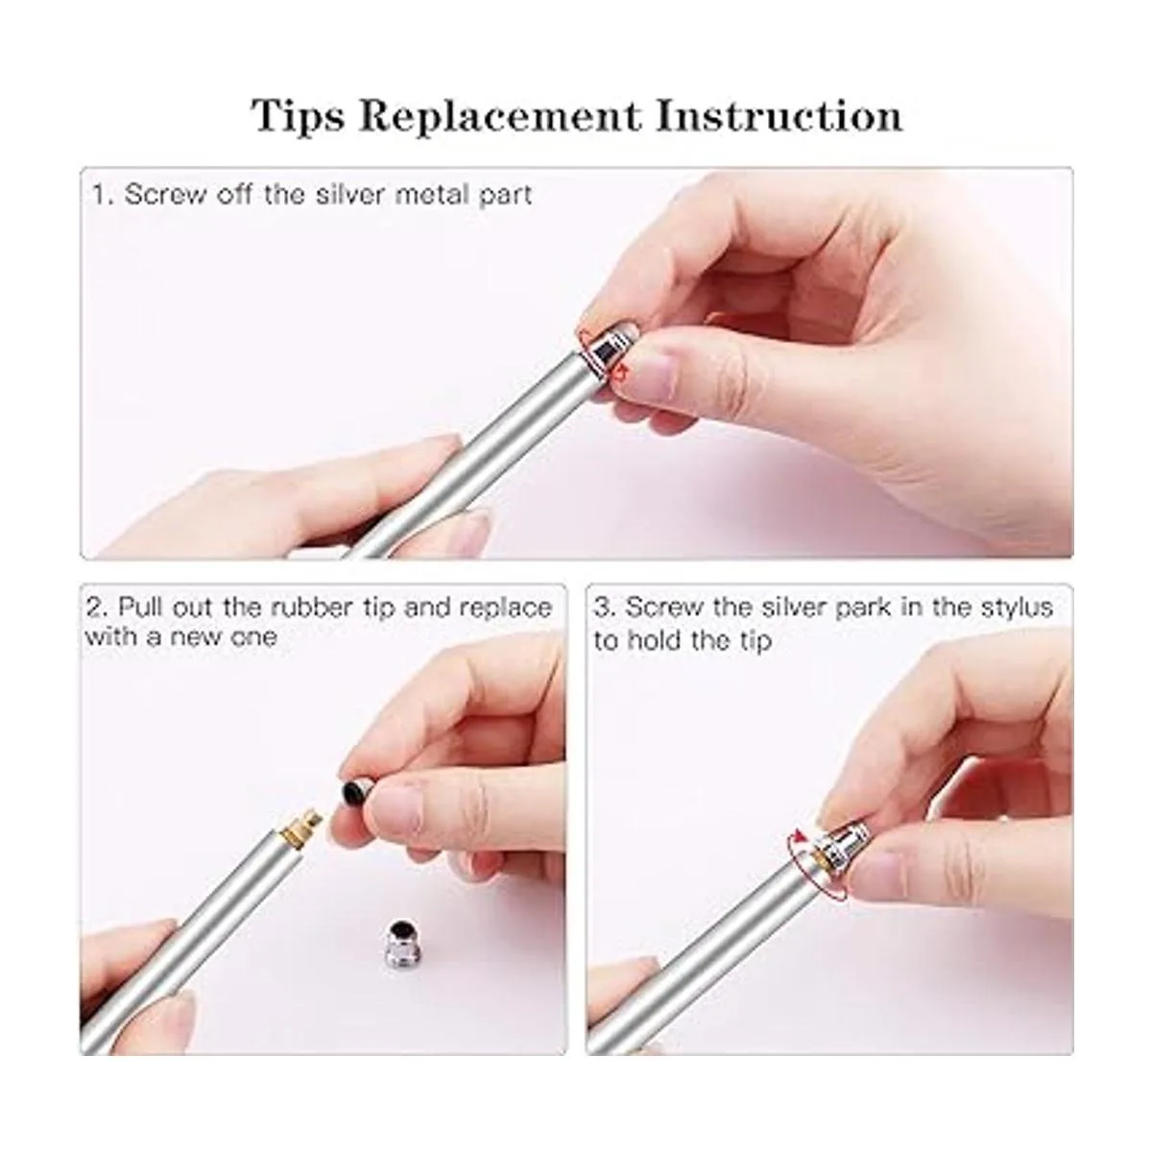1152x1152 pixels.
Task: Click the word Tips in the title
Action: [298, 115]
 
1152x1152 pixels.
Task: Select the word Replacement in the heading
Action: [499, 115]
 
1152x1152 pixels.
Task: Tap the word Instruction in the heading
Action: [779, 115]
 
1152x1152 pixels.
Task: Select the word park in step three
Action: [863, 608]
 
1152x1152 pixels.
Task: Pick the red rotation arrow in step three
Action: [813, 864]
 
